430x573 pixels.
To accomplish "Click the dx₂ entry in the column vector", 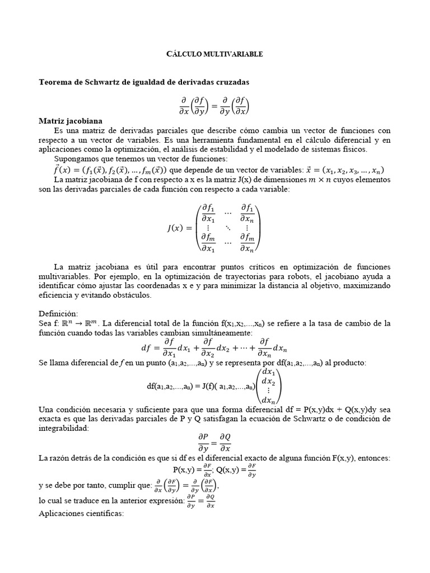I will coord(269,381).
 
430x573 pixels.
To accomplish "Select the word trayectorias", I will coord(252,276).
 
